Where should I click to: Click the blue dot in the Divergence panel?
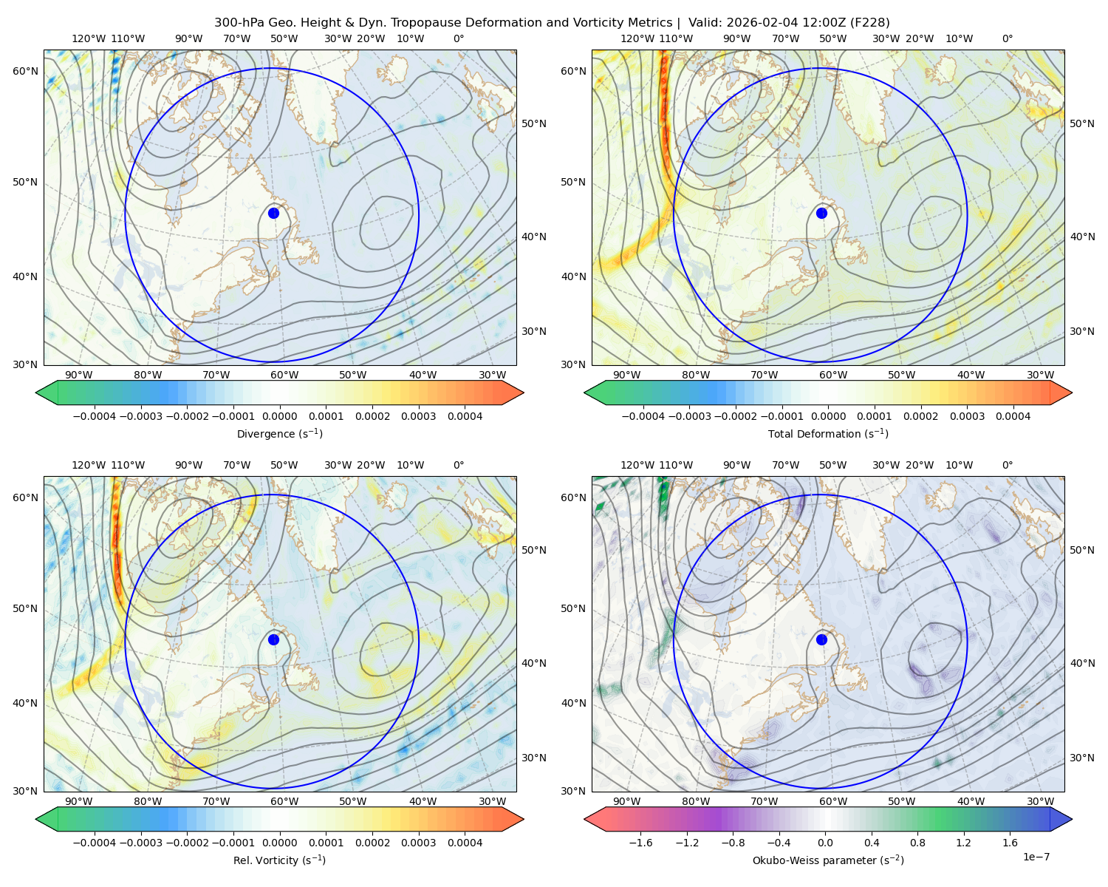(273, 213)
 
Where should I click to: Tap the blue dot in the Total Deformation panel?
(821, 213)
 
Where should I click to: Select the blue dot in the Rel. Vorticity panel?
(273, 639)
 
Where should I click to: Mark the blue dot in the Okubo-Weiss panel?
(821, 639)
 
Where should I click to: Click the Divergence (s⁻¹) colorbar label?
(279, 433)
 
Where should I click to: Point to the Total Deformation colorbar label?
(828, 433)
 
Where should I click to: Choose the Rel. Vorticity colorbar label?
(279, 860)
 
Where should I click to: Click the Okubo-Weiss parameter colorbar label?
(828, 860)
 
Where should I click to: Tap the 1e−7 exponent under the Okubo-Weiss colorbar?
(1036, 857)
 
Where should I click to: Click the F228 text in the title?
(869, 23)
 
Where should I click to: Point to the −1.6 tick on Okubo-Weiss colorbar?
(641, 843)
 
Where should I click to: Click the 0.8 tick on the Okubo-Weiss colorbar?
(917, 843)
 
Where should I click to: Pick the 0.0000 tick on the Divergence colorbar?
(279, 416)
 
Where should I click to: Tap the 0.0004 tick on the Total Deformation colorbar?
(1013, 416)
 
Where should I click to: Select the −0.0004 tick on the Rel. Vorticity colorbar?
(95, 843)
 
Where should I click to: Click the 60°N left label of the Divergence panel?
(25, 71)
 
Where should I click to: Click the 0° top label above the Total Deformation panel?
(1007, 38)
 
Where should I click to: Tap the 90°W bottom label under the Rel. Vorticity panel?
(79, 801)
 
